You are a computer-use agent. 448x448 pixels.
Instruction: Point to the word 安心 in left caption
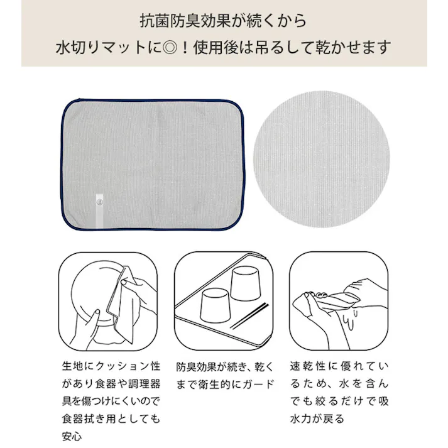pyautogui.click(x=73, y=434)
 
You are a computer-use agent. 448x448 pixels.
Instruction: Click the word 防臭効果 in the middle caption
pyautogui.click(x=199, y=366)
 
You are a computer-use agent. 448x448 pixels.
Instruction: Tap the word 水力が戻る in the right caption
pyautogui.click(x=319, y=417)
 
